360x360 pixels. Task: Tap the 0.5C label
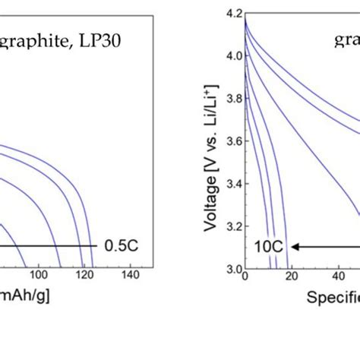(x=117, y=246)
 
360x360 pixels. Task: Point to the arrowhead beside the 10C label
(x=294, y=246)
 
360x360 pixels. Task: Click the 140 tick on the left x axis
(x=131, y=274)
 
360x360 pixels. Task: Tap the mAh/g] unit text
(x=26, y=295)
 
